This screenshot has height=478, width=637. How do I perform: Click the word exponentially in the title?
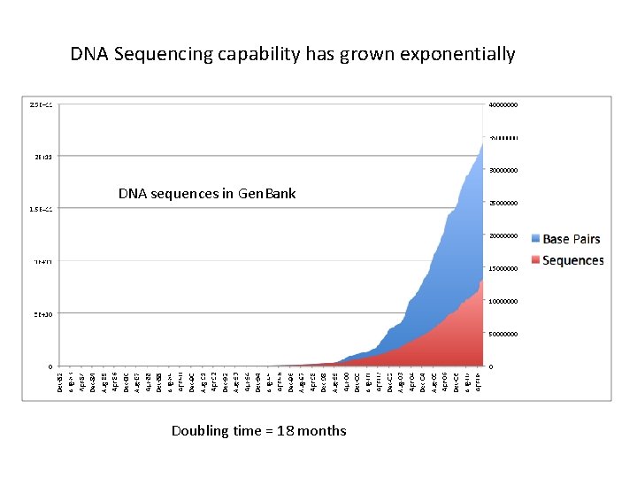coord(457,55)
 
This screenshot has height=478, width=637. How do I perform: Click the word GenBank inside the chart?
coord(267,193)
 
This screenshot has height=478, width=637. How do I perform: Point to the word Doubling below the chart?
coord(201,431)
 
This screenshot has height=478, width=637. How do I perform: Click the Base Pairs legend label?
coord(572,239)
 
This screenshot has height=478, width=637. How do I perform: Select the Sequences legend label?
coord(572,260)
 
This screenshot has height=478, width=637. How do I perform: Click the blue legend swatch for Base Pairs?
coord(534,239)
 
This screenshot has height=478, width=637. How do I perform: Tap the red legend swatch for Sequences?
coord(534,260)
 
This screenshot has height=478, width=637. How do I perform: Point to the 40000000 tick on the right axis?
coord(503,105)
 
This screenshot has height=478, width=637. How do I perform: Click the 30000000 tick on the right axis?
coord(503,171)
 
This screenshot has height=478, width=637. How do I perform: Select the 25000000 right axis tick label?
coord(503,204)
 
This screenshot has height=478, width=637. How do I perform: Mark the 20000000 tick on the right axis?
coord(503,236)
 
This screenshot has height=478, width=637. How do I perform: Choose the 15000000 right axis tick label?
coord(503,269)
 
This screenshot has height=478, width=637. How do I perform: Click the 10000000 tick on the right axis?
coord(503,302)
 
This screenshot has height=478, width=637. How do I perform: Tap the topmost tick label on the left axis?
coord(41,105)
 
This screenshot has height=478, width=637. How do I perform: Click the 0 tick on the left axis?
coord(50,366)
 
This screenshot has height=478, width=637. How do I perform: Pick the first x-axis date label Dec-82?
coord(60,382)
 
